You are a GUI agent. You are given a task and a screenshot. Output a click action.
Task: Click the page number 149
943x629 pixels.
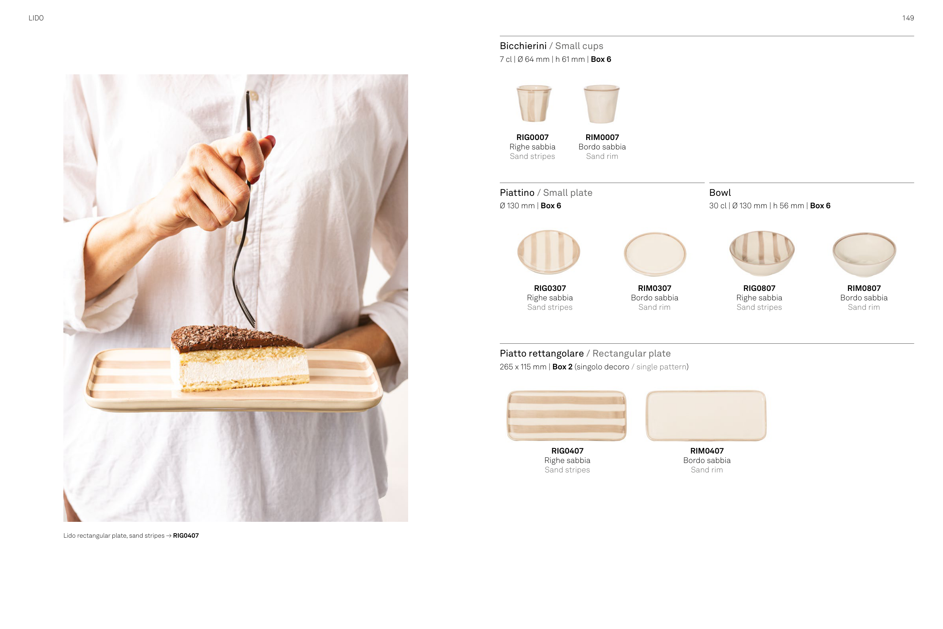pyautogui.click(x=908, y=18)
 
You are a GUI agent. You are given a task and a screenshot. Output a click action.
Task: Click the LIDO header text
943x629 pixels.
pyautogui.click(x=36, y=18)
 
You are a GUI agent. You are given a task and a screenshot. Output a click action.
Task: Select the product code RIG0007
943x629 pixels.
pyautogui.click(x=533, y=137)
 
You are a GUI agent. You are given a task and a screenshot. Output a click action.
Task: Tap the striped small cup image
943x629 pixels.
pyautogui.click(x=534, y=103)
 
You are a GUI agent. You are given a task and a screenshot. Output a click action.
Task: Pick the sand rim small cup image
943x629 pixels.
pyautogui.click(x=601, y=103)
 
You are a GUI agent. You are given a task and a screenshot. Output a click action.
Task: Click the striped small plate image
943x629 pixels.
pyautogui.click(x=548, y=252)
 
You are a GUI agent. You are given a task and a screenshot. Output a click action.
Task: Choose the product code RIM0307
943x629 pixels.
pyautogui.click(x=654, y=288)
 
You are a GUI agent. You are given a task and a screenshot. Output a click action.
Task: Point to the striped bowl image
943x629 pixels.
pyautogui.click(x=762, y=253)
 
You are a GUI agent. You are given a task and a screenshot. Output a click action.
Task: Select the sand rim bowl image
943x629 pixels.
pyautogui.click(x=864, y=254)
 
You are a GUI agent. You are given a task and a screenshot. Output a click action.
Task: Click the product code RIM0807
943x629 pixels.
pyautogui.click(x=864, y=288)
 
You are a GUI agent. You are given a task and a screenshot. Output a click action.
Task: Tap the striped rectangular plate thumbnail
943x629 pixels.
pyautogui.click(x=567, y=415)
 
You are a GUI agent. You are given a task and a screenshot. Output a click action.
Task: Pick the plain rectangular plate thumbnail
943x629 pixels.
pyautogui.click(x=706, y=415)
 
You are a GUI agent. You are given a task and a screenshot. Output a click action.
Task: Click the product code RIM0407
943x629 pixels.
pyautogui.click(x=707, y=451)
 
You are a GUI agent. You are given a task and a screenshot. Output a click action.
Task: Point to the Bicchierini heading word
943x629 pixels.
pyautogui.click(x=523, y=46)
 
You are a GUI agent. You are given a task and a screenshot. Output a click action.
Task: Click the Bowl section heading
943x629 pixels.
pyautogui.click(x=720, y=192)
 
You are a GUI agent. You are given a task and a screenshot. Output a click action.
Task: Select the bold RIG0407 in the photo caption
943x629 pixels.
pyautogui.click(x=186, y=535)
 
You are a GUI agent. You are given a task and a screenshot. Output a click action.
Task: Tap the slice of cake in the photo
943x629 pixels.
pyautogui.click(x=240, y=358)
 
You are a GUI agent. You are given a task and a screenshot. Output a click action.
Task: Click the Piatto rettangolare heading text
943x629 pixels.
pyautogui.click(x=542, y=354)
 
